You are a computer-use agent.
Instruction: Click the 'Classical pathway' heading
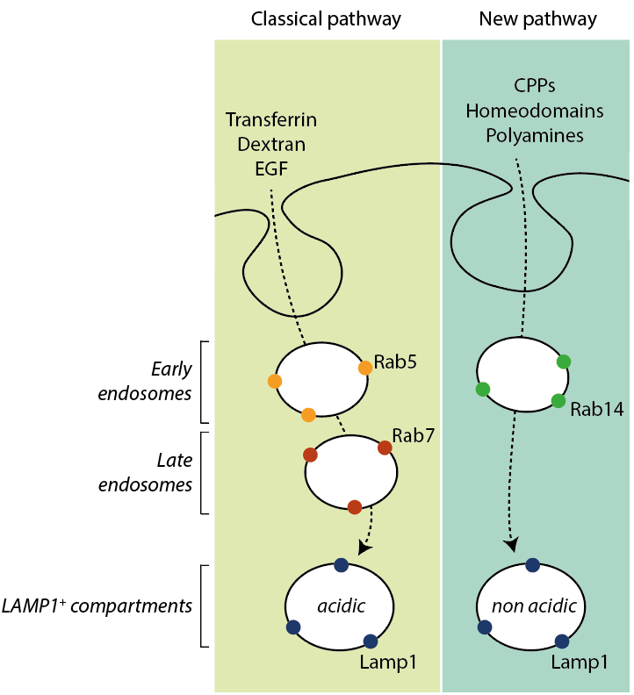coord(327,18)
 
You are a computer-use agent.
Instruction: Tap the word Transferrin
coord(271,118)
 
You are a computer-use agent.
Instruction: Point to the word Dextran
coord(271,142)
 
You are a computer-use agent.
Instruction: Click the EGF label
coord(271,165)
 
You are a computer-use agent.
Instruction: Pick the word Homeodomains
coord(535,111)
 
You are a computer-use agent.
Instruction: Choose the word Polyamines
coord(536,135)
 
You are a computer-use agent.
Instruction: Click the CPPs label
coord(536,87)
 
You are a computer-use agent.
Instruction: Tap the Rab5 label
coord(394,361)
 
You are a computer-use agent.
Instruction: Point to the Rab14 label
coord(597,409)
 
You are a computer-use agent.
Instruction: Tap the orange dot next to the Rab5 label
coord(365,369)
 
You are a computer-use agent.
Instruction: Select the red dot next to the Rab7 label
coord(385,448)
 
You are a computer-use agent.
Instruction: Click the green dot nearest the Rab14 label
coord(558,401)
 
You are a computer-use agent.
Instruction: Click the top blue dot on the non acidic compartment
coord(532,565)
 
